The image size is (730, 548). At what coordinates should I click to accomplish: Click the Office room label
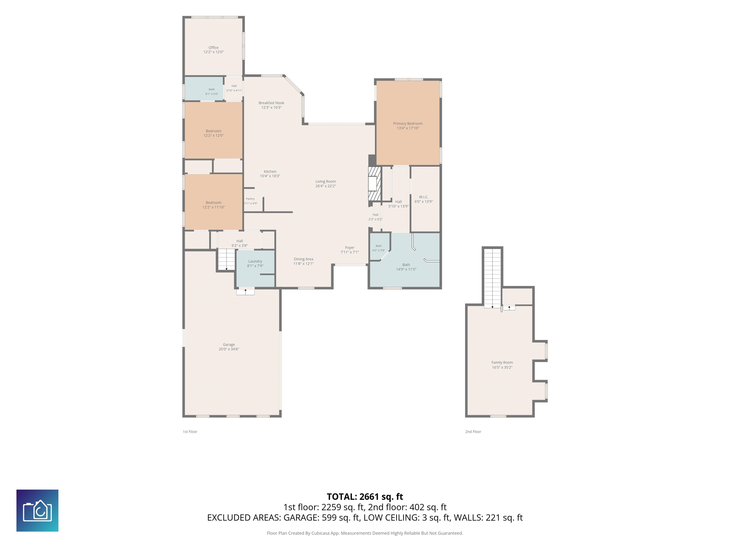coord(214,48)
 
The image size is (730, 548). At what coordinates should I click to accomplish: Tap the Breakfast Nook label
coord(271,103)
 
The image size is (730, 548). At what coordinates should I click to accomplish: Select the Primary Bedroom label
coord(408,123)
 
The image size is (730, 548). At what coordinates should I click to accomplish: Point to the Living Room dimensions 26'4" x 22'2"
coord(325,186)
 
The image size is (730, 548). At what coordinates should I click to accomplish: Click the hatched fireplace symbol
coord(375,184)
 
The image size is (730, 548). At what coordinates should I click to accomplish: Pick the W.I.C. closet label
coord(424,197)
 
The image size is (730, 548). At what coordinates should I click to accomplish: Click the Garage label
coord(229,345)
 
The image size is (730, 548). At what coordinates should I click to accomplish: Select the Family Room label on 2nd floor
coord(502,362)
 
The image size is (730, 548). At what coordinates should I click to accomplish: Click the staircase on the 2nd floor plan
coord(492,278)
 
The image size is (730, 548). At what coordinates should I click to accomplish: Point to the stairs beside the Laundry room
coord(226,260)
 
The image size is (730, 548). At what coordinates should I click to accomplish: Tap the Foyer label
coord(350,247)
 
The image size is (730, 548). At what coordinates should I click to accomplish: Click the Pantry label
coord(250,199)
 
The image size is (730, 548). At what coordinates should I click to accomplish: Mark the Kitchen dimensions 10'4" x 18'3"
coord(270,176)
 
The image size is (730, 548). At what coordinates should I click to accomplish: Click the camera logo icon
coord(37,511)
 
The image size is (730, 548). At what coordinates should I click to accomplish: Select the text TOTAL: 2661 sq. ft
coord(365,497)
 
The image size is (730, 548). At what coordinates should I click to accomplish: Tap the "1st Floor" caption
coord(190,432)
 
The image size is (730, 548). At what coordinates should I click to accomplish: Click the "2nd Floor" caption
coord(473,432)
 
